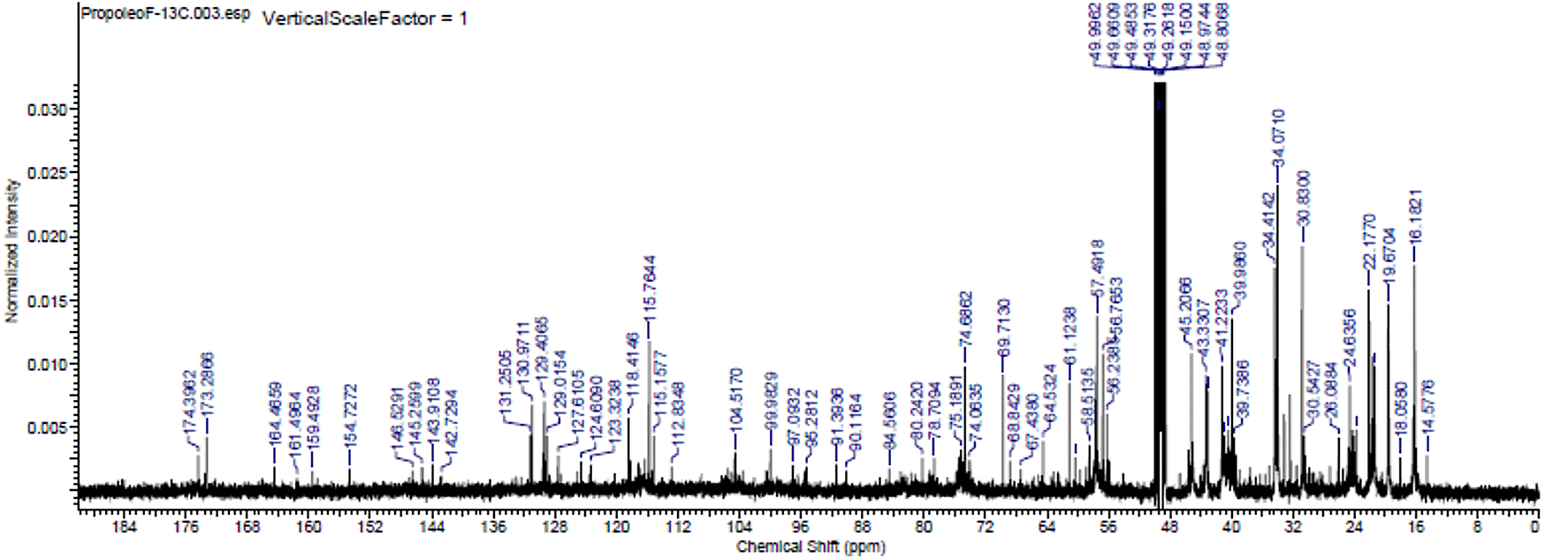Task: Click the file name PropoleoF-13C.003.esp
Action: point(164,14)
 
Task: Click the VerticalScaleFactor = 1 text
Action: point(364,18)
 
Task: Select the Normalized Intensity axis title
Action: point(12,251)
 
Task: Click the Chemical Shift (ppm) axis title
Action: point(811,547)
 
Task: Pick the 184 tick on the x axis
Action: point(125,528)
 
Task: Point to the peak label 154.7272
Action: point(351,415)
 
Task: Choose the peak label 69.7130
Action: point(1004,328)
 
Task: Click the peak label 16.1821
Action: point(1415,216)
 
